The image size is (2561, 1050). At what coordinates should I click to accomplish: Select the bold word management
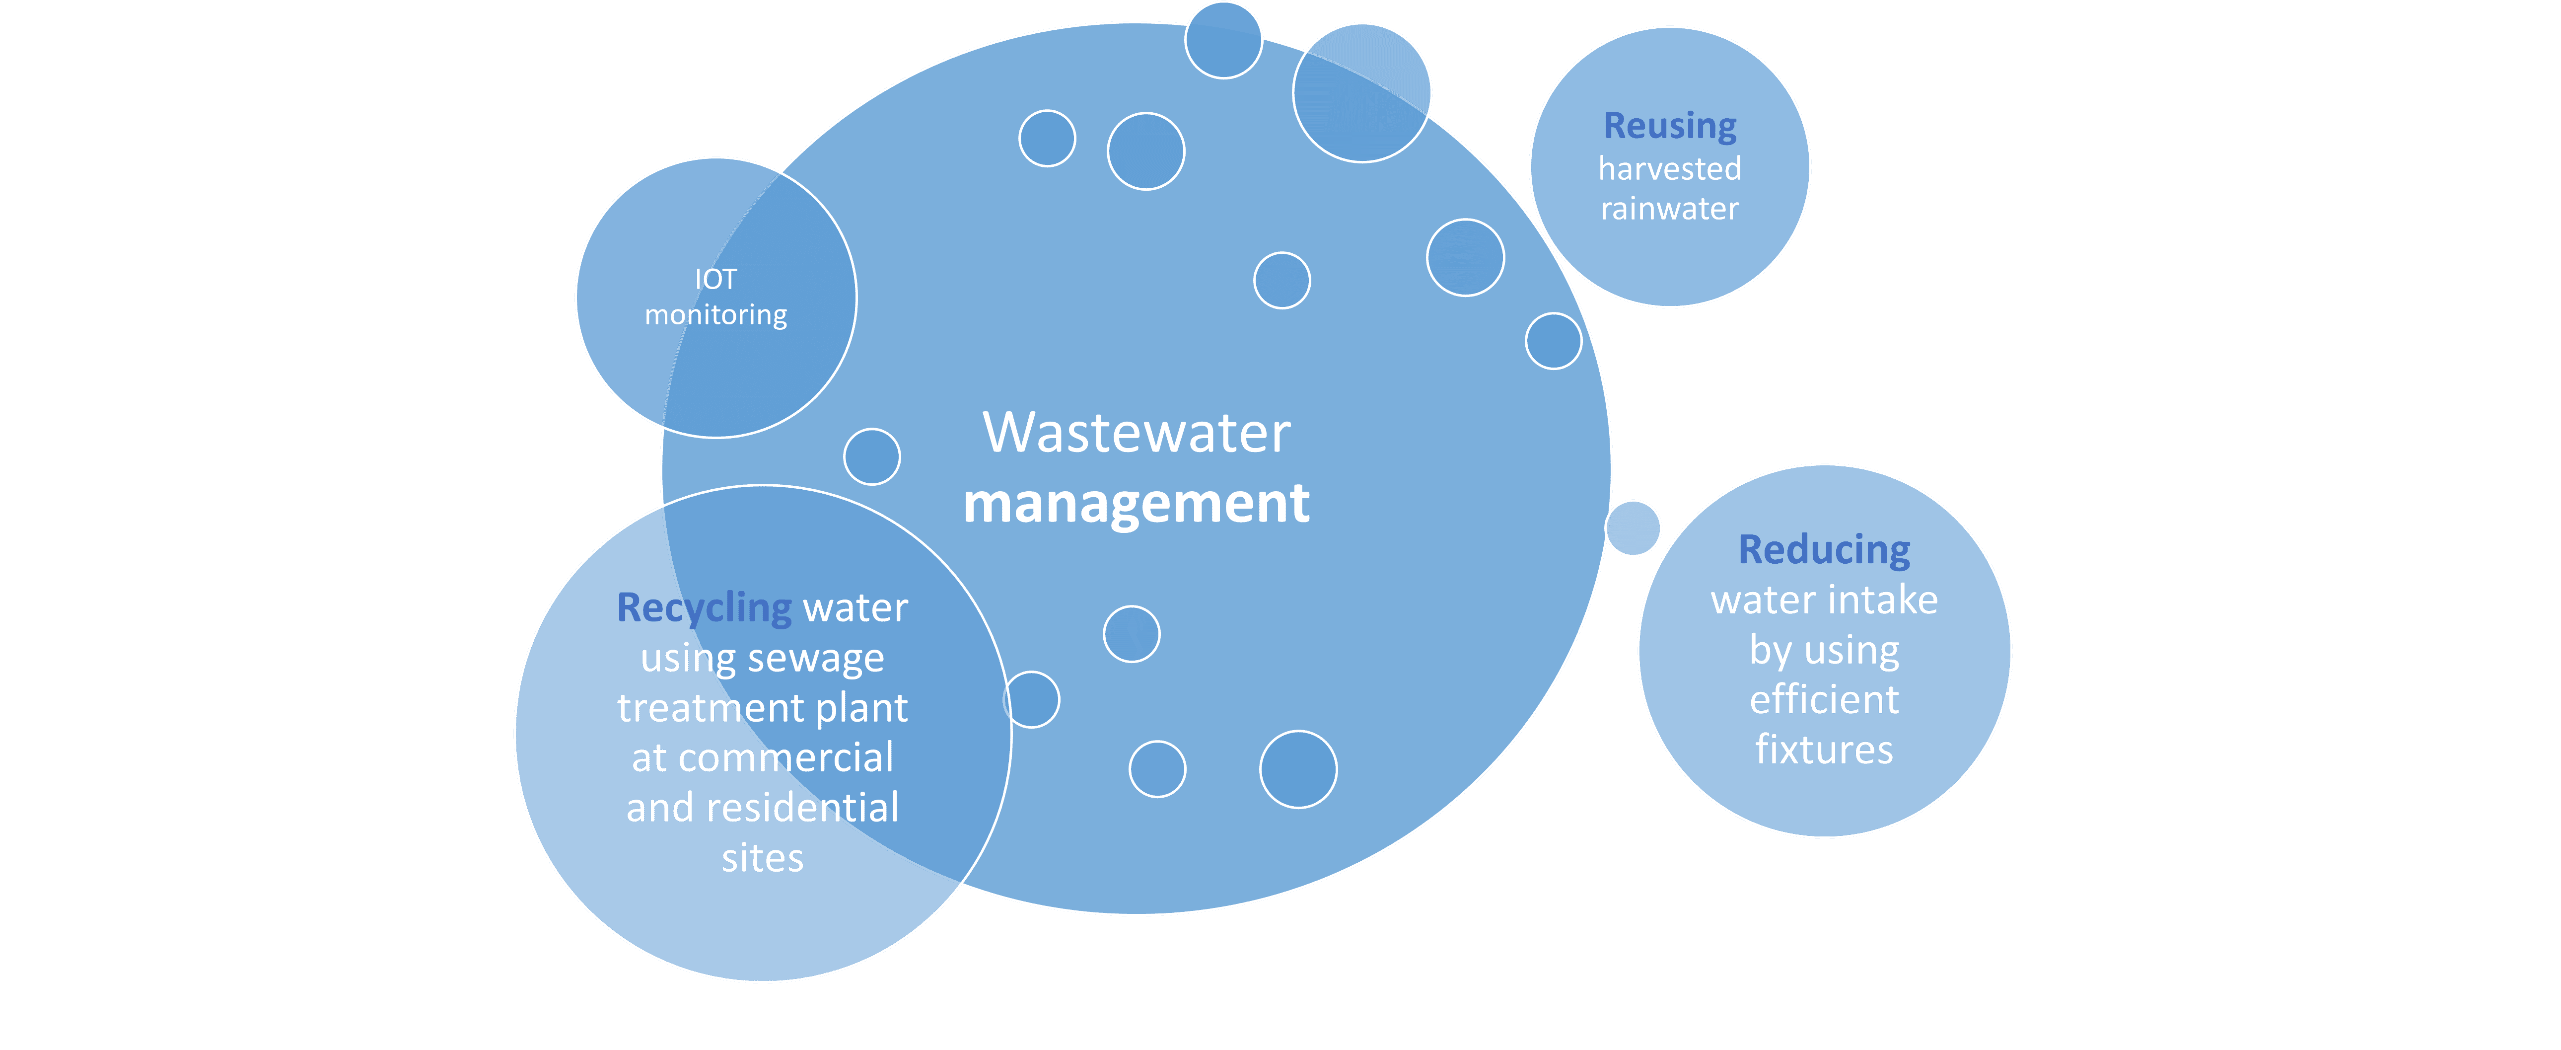click(x=1137, y=503)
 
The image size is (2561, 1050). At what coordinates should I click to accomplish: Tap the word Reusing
click(x=1670, y=126)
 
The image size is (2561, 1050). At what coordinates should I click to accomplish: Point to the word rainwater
click(x=1670, y=209)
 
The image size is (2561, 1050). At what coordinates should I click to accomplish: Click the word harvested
click(x=1670, y=169)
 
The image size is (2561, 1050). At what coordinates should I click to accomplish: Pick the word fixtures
click(x=1824, y=750)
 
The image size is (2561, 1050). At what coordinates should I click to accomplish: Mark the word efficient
click(x=1824, y=700)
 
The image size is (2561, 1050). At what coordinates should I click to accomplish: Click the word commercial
click(x=785, y=757)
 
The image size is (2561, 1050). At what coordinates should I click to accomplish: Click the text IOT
click(x=716, y=280)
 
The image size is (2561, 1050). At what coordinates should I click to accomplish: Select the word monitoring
click(x=716, y=315)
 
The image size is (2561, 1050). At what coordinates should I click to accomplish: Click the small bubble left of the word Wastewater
click(x=872, y=456)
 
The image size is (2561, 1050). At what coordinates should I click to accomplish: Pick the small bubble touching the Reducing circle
click(x=1633, y=528)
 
